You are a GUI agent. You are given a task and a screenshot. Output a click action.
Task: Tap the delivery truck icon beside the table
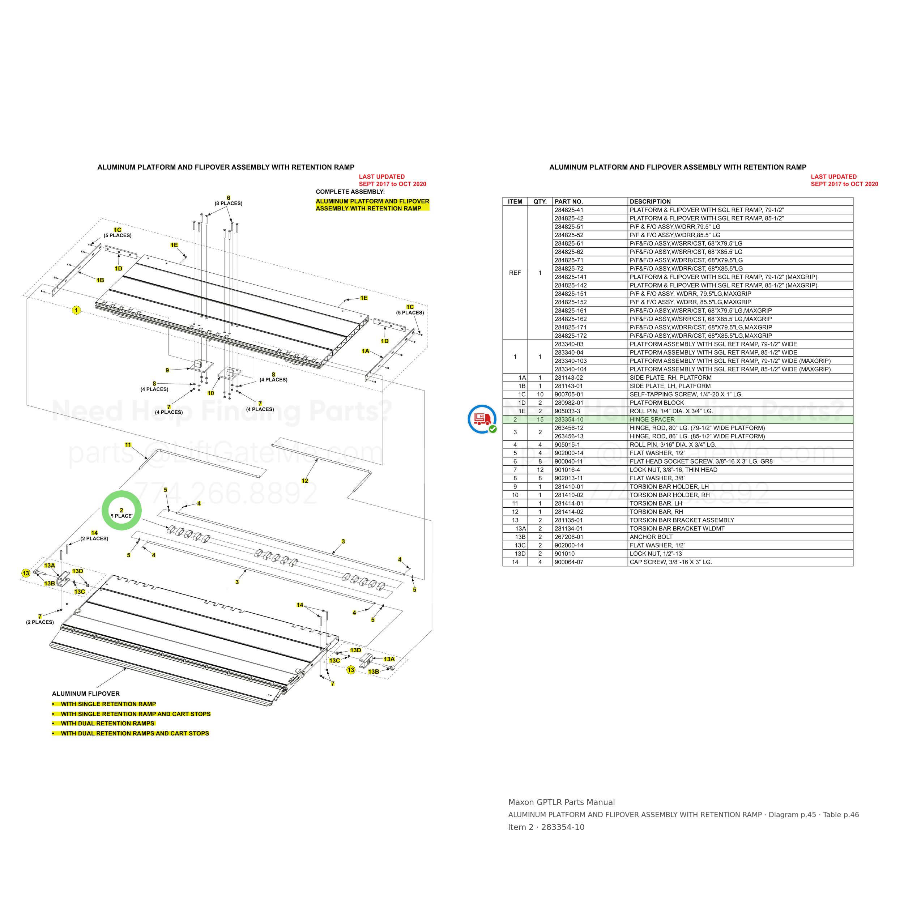coord(482,419)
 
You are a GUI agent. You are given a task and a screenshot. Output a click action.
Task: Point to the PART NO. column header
coord(568,202)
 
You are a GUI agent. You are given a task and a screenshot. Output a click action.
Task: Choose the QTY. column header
coord(540,202)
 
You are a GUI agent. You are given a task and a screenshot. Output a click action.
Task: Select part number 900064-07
coord(569,562)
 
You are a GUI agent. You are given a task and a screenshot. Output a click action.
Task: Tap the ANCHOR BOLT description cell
coord(651,537)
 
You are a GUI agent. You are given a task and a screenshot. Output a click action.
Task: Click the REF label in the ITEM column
coord(515,273)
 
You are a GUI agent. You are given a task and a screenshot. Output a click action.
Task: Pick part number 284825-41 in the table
coord(569,210)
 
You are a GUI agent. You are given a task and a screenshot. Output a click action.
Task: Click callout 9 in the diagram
coord(167,370)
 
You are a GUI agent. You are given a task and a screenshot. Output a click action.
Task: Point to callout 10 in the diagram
coord(210,393)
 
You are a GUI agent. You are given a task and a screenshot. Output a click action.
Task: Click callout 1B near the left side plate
coord(100,280)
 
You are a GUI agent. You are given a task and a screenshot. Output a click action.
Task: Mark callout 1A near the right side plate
coord(366,351)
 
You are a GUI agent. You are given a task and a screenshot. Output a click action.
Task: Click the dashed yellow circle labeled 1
coord(76,310)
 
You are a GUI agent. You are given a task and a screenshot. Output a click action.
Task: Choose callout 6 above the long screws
coord(228,198)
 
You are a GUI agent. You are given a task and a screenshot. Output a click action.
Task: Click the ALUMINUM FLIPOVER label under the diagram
coord(86,694)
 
